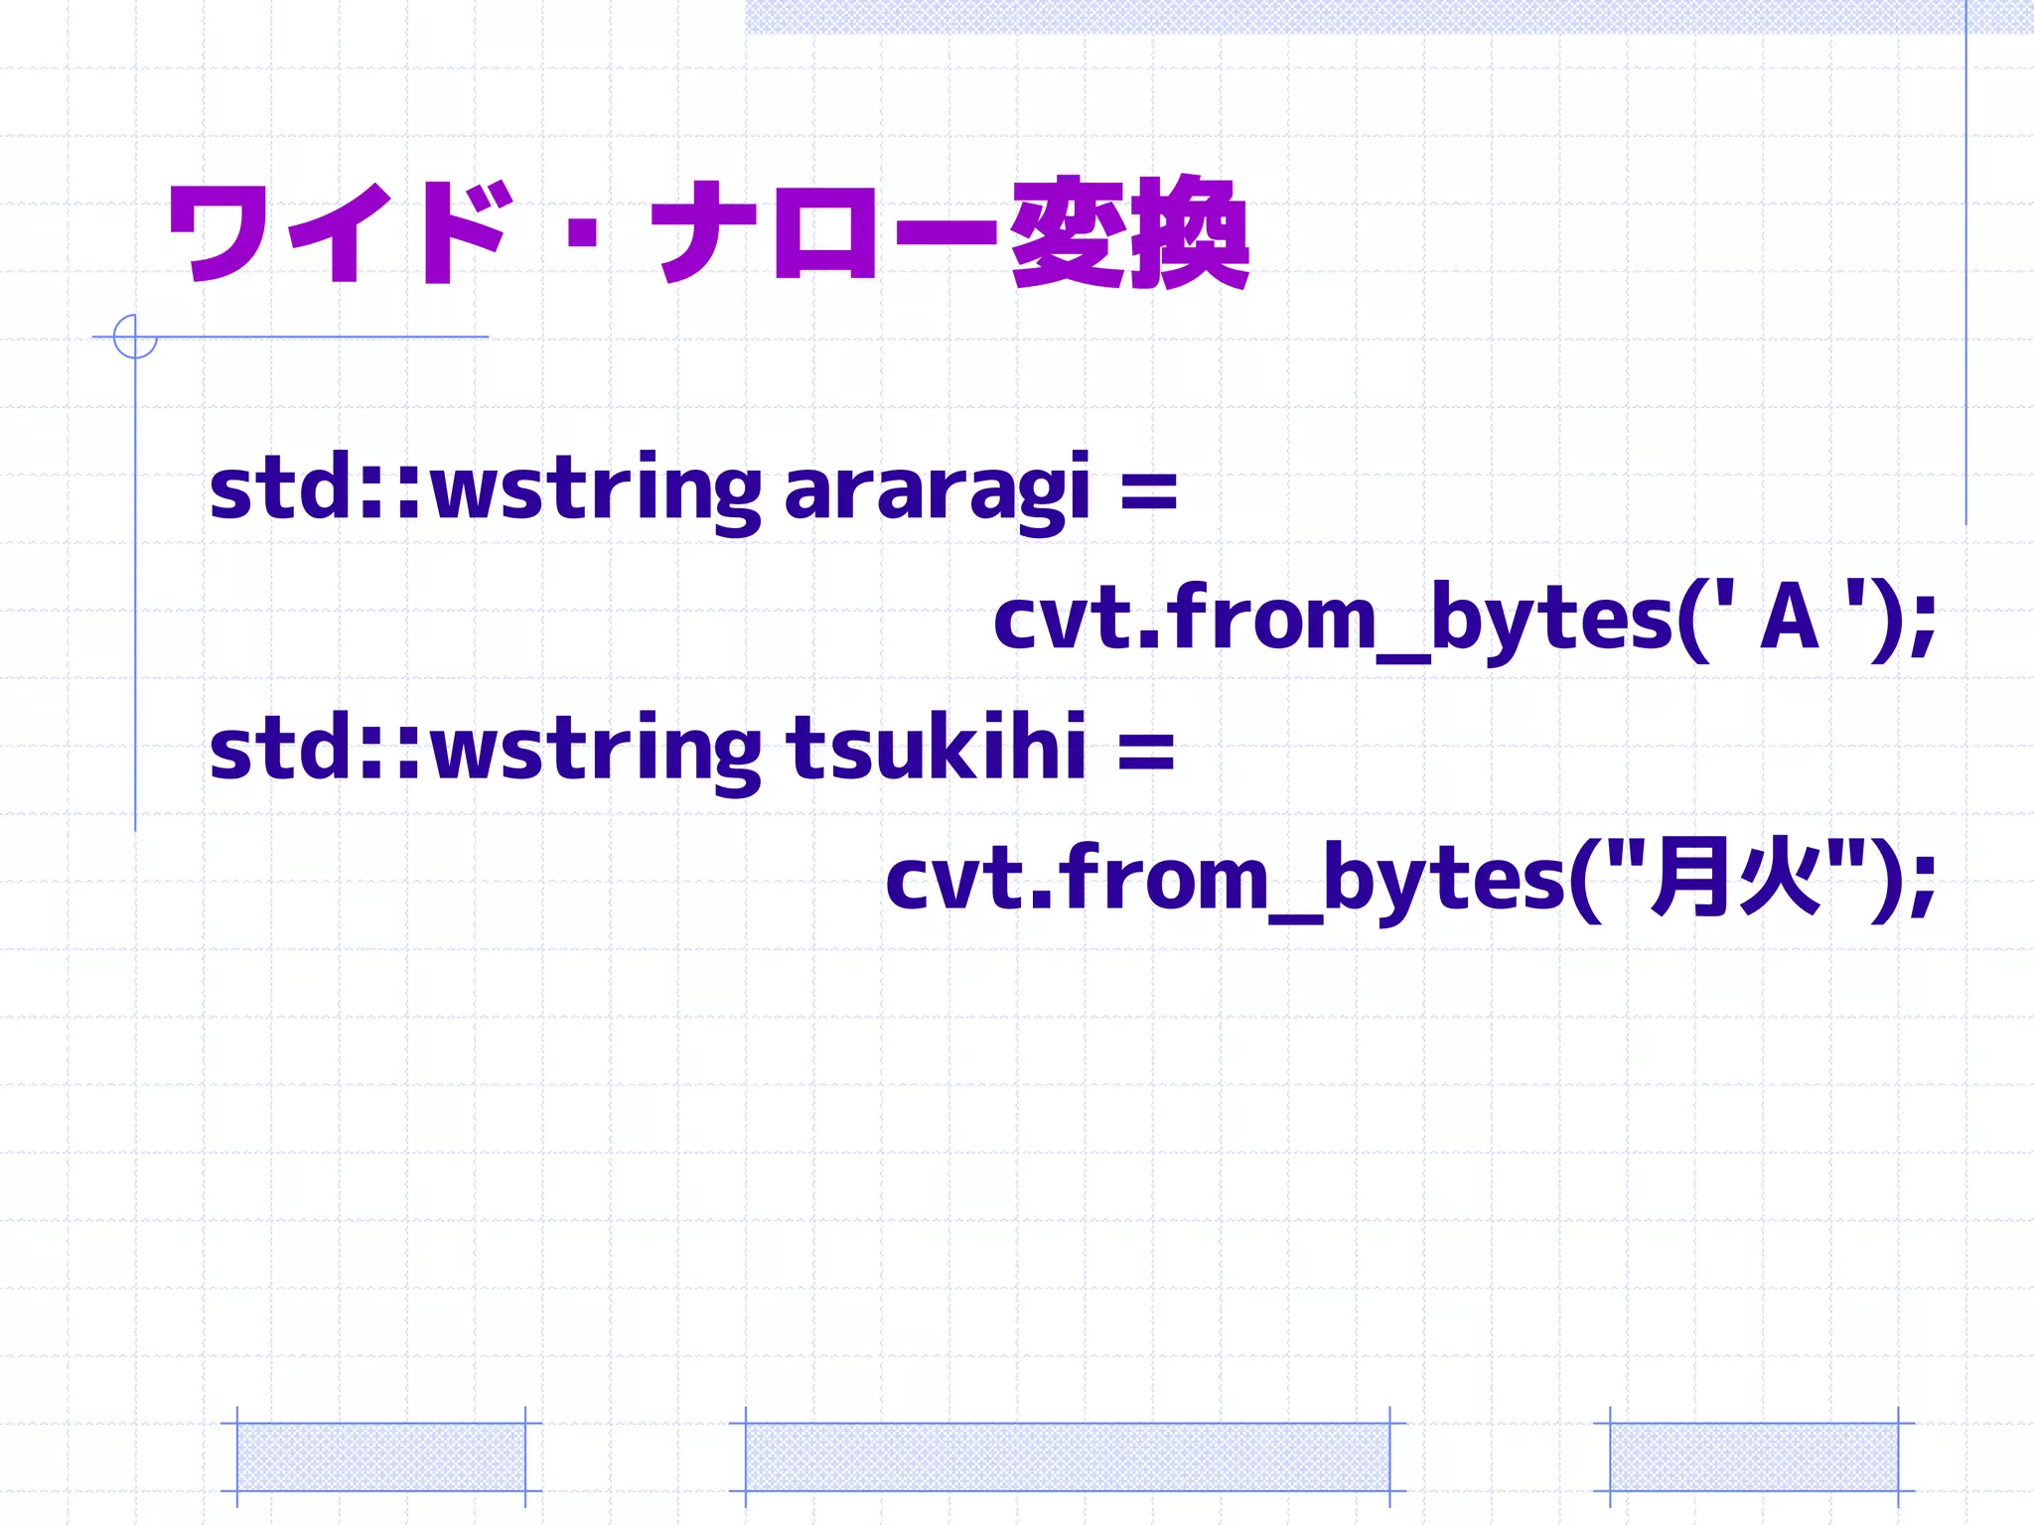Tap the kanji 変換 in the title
point(1129,232)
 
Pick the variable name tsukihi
point(937,749)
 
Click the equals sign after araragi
point(1148,492)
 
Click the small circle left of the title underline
point(135,337)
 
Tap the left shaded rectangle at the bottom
point(381,1456)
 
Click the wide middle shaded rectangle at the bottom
point(1067,1456)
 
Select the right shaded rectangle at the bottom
point(1754,1456)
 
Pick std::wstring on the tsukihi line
point(485,749)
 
